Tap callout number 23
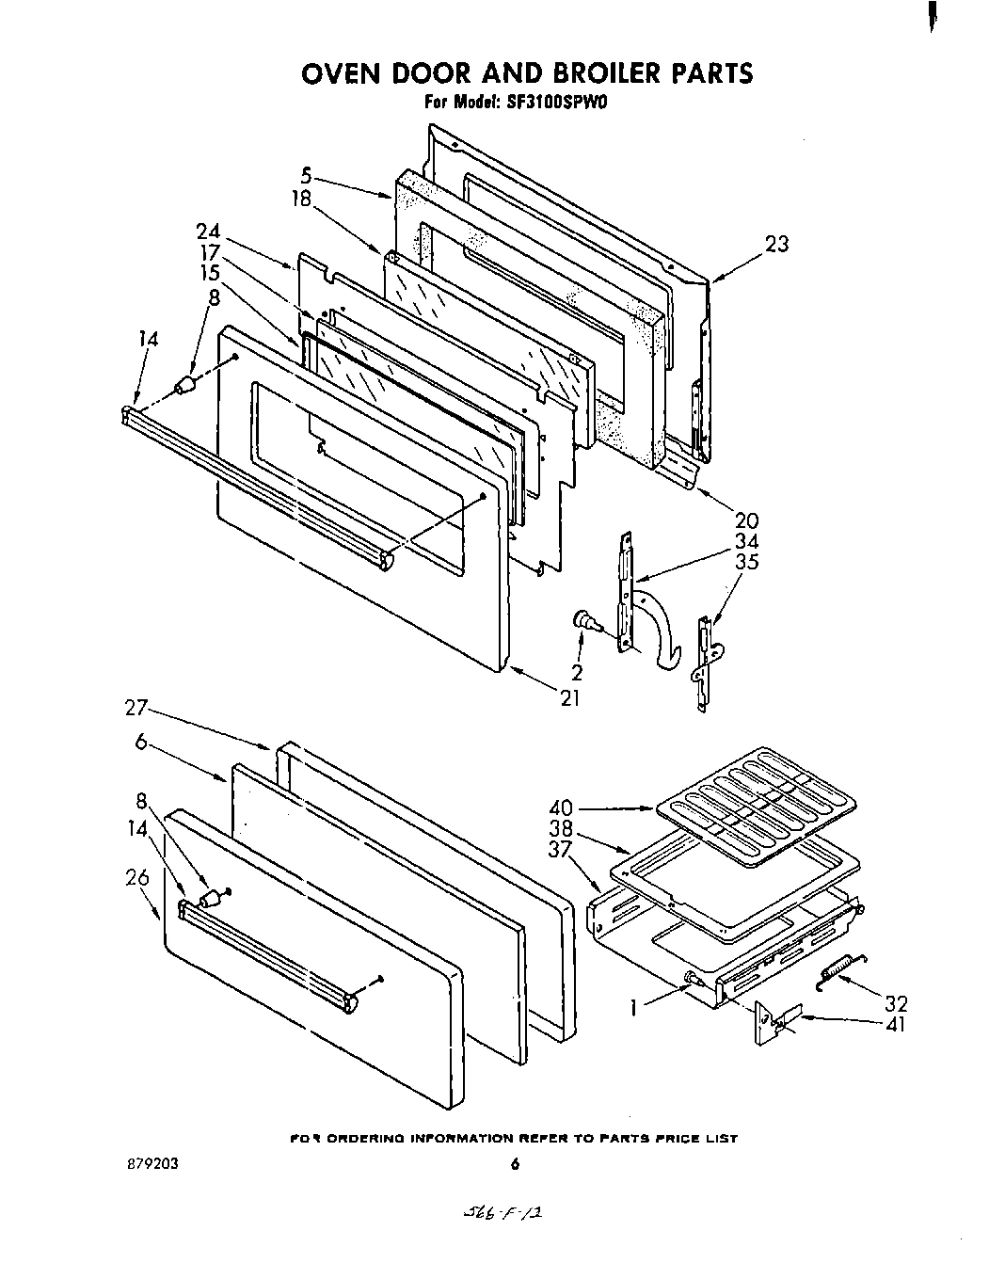coord(776,244)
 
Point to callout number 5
coord(306,174)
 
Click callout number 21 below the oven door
coord(569,697)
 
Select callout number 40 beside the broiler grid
coord(562,807)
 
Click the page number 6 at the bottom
coord(514,1164)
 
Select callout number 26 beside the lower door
coord(137,877)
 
